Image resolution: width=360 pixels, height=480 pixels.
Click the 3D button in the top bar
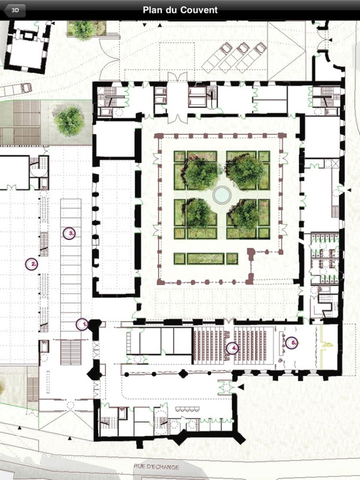coord(14,10)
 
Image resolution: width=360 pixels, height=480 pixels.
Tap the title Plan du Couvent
coord(180,10)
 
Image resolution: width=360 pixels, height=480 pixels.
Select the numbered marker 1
coord(82,324)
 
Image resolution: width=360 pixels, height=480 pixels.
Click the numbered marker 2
coord(32,264)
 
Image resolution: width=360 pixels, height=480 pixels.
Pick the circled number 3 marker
coord(69,233)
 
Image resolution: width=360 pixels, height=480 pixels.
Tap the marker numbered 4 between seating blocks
coord(233,348)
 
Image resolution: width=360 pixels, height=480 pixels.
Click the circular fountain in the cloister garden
coord(222,194)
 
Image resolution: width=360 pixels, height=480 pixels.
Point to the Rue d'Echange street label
coord(156,467)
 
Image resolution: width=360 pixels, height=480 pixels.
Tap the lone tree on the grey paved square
coord(69,121)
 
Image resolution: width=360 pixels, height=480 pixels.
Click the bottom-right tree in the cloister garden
coord(245,214)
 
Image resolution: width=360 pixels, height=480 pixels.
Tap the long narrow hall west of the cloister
coord(116,227)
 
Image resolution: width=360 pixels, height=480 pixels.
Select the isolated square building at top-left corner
coord(28,47)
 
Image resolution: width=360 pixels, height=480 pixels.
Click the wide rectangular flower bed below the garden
coord(206,259)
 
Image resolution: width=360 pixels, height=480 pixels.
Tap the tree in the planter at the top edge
coord(83,29)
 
